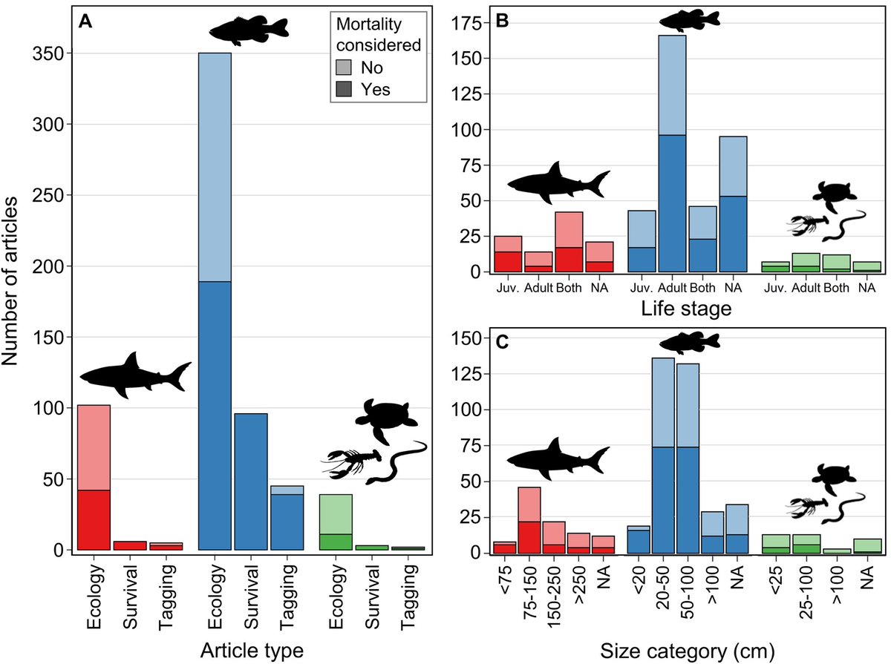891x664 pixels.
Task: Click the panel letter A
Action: [x=86, y=23]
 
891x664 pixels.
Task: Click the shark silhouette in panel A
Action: [x=134, y=374]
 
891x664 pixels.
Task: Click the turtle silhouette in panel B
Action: [x=834, y=194]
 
